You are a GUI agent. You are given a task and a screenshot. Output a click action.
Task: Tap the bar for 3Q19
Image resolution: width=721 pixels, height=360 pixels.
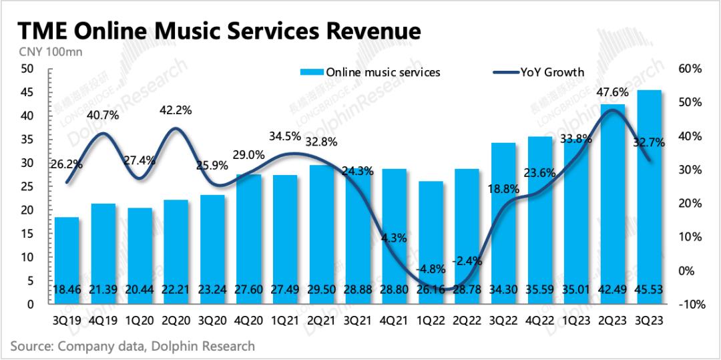pyautogui.click(x=67, y=260)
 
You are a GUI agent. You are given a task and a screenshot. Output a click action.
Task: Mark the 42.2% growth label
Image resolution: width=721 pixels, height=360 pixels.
pyautogui.click(x=176, y=110)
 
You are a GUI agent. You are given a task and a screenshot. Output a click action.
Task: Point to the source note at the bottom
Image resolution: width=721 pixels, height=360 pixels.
pyautogui.click(x=132, y=346)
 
